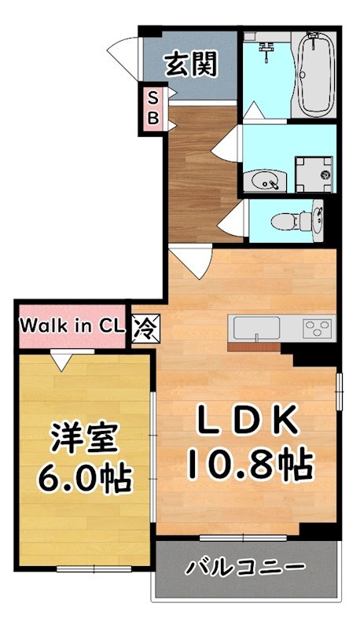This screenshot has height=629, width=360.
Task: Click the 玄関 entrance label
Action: click(x=190, y=64)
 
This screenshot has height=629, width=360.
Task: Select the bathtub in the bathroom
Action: click(x=317, y=73)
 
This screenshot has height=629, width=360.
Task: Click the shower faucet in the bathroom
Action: click(x=266, y=52)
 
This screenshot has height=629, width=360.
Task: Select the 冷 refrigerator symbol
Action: click(x=144, y=325)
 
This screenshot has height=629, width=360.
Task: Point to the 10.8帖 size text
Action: click(x=249, y=465)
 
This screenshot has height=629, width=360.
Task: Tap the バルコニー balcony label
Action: click(x=246, y=567)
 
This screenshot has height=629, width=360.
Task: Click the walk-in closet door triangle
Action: click(x=60, y=360)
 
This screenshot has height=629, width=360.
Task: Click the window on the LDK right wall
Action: click(x=340, y=392)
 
